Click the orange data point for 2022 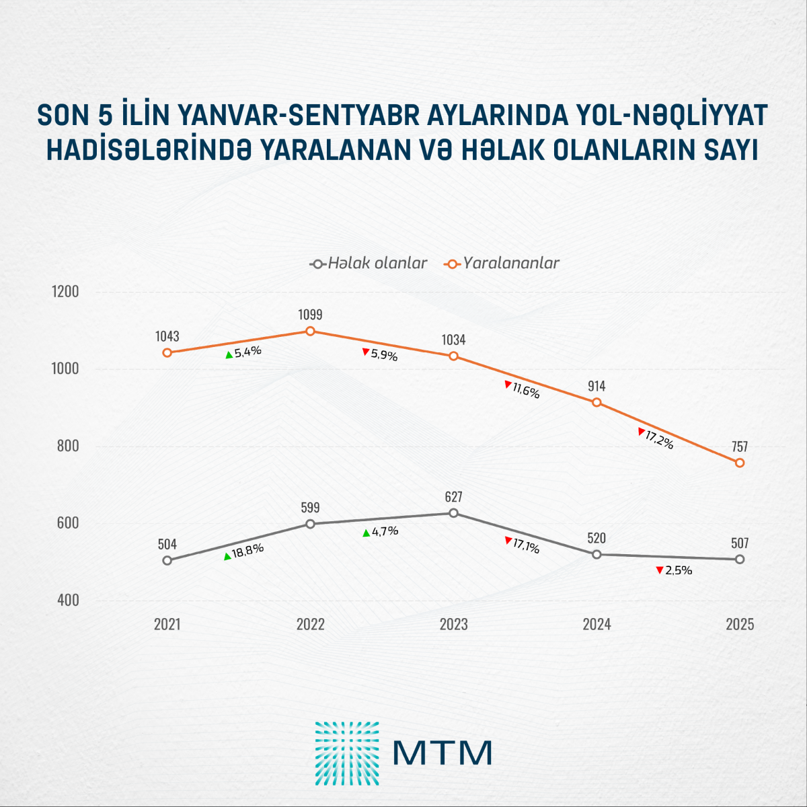tap(310, 331)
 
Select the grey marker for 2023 tap(453, 513)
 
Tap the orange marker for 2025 tap(740, 463)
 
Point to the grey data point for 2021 tap(167, 560)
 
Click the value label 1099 tap(310, 314)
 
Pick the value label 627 tap(453, 497)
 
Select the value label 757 tap(740, 447)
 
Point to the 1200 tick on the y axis tap(65, 292)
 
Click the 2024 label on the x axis tap(597, 624)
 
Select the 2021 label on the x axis tap(167, 624)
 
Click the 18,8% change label tap(247, 549)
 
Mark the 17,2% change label tap(659, 440)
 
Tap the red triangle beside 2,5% tap(660, 570)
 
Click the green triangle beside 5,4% tap(229, 354)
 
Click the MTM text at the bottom tap(443, 753)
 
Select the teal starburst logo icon tap(346, 753)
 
